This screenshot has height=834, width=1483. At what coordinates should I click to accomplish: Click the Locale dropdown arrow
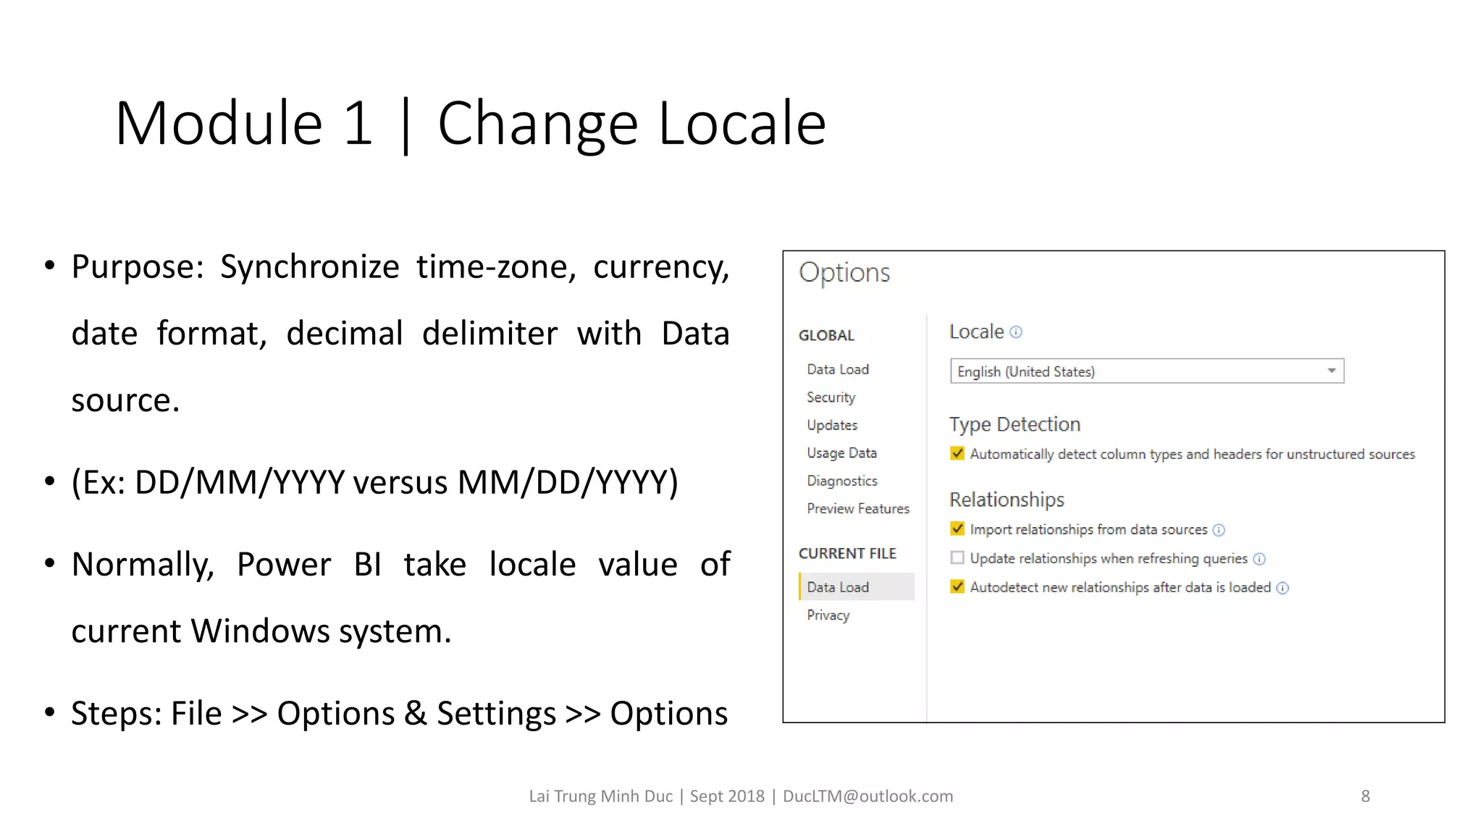coord(1331,371)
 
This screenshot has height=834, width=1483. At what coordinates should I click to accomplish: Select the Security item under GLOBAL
coord(831,397)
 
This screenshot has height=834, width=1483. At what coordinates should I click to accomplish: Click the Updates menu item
coord(832,425)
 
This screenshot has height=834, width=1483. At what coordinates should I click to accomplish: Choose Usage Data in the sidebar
coord(841,453)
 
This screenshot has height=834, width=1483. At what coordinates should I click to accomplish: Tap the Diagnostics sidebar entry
coord(841,481)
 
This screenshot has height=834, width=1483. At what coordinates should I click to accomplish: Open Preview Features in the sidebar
coord(857,509)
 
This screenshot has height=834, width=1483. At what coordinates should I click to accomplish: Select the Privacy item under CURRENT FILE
coord(828,615)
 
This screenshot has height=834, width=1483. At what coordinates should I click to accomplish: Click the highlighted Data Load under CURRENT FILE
coord(838,587)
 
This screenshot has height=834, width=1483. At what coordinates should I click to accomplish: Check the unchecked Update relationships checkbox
coord(957,557)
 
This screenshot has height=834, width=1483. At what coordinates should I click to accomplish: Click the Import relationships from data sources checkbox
coord(957,528)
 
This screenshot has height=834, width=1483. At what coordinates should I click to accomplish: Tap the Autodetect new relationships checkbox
coord(957,586)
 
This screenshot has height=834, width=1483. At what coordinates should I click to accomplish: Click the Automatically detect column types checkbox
coord(957,453)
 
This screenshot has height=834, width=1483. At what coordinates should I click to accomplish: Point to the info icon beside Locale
coord(1016,332)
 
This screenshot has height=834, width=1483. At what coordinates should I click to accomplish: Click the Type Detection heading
coord(1014,424)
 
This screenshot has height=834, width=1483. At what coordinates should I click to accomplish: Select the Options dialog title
coord(844,273)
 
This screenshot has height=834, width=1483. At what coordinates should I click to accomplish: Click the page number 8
coord(1365,796)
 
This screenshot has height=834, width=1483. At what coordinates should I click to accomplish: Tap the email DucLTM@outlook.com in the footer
coord(867,796)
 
